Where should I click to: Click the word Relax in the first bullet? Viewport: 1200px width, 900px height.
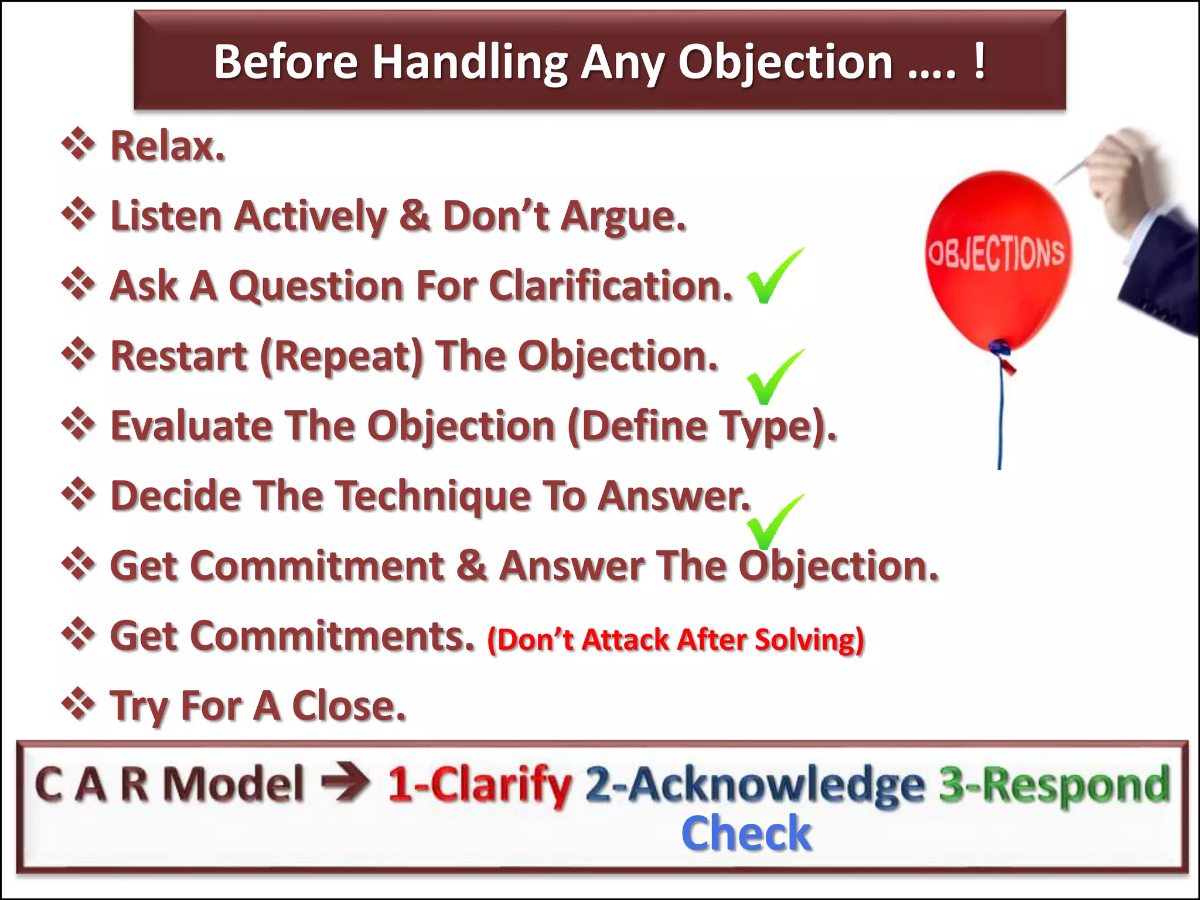coord(167,146)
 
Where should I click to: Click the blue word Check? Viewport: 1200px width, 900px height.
coord(746,833)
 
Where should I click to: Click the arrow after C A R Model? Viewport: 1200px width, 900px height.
coord(346,783)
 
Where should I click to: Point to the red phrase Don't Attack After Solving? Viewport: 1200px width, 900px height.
coord(675,640)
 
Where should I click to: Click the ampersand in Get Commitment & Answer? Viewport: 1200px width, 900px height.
coord(472,567)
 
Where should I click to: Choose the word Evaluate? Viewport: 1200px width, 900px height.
coord(191,426)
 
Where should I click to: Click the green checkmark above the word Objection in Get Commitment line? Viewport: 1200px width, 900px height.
coord(773,521)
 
